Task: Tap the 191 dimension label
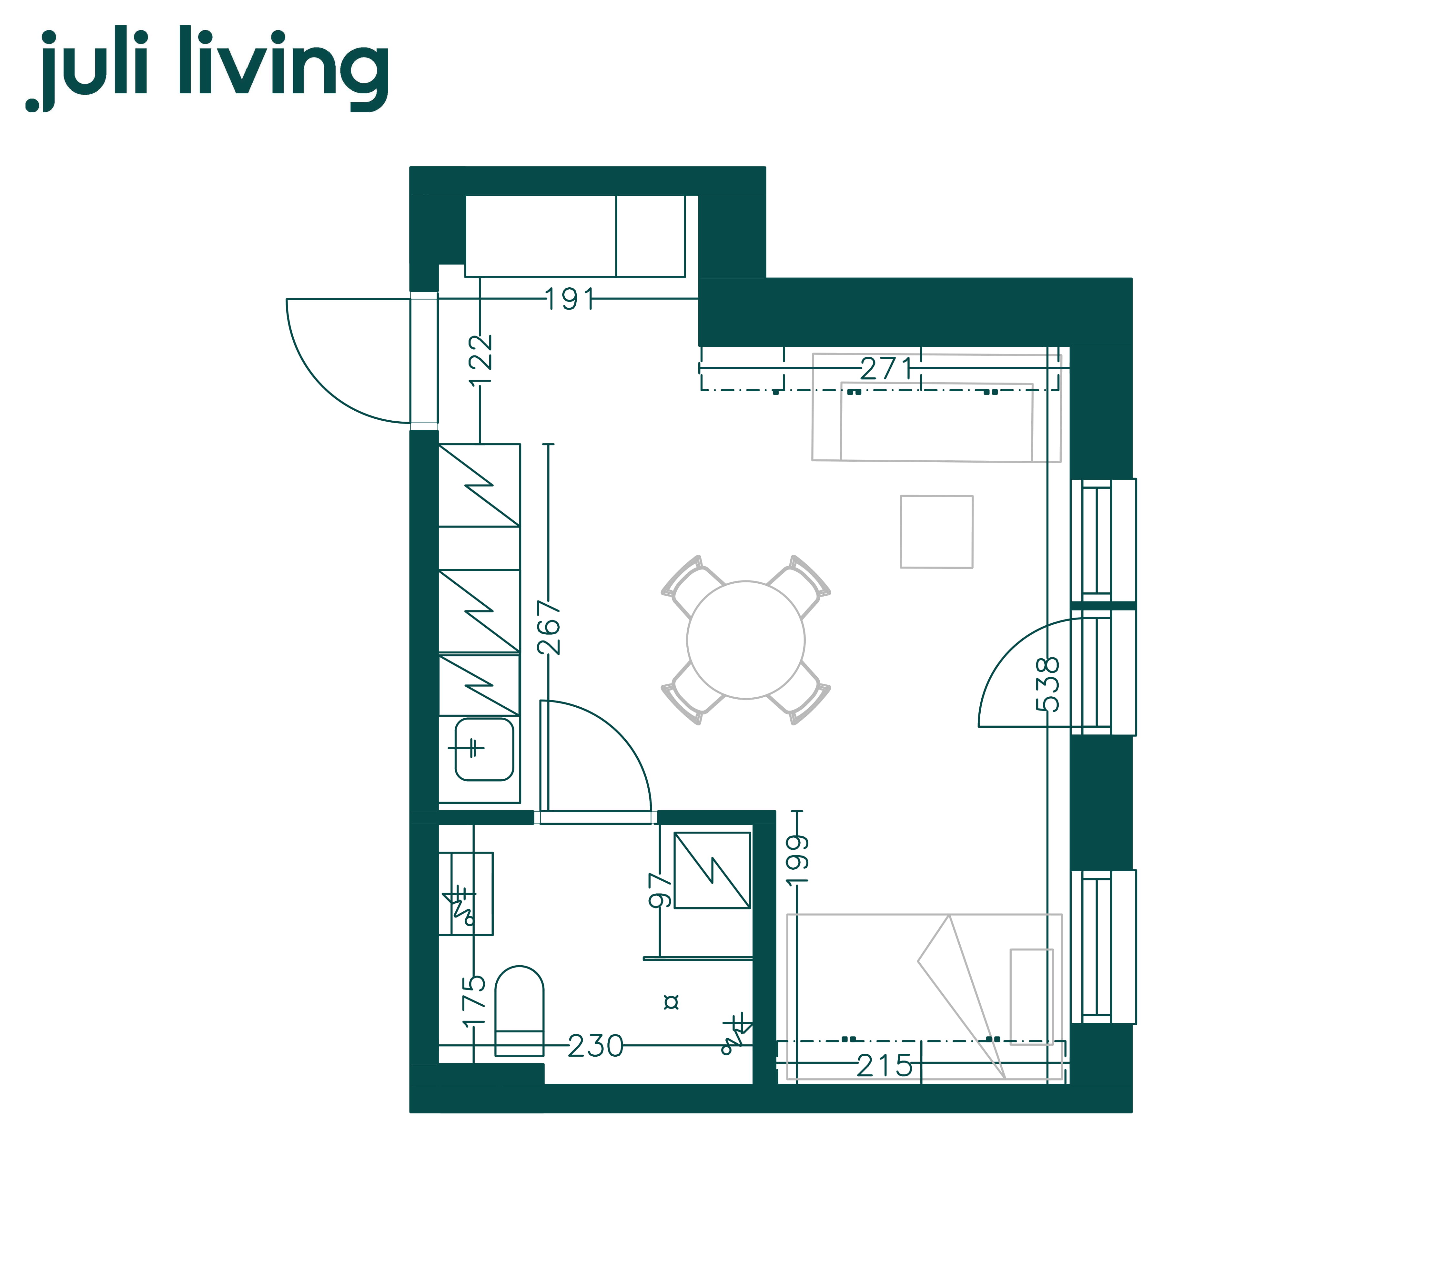[570, 299]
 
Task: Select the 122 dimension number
[480, 360]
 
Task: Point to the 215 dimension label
[885, 1065]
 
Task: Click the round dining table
[746, 640]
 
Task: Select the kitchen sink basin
[483, 749]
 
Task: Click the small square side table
[936, 531]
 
